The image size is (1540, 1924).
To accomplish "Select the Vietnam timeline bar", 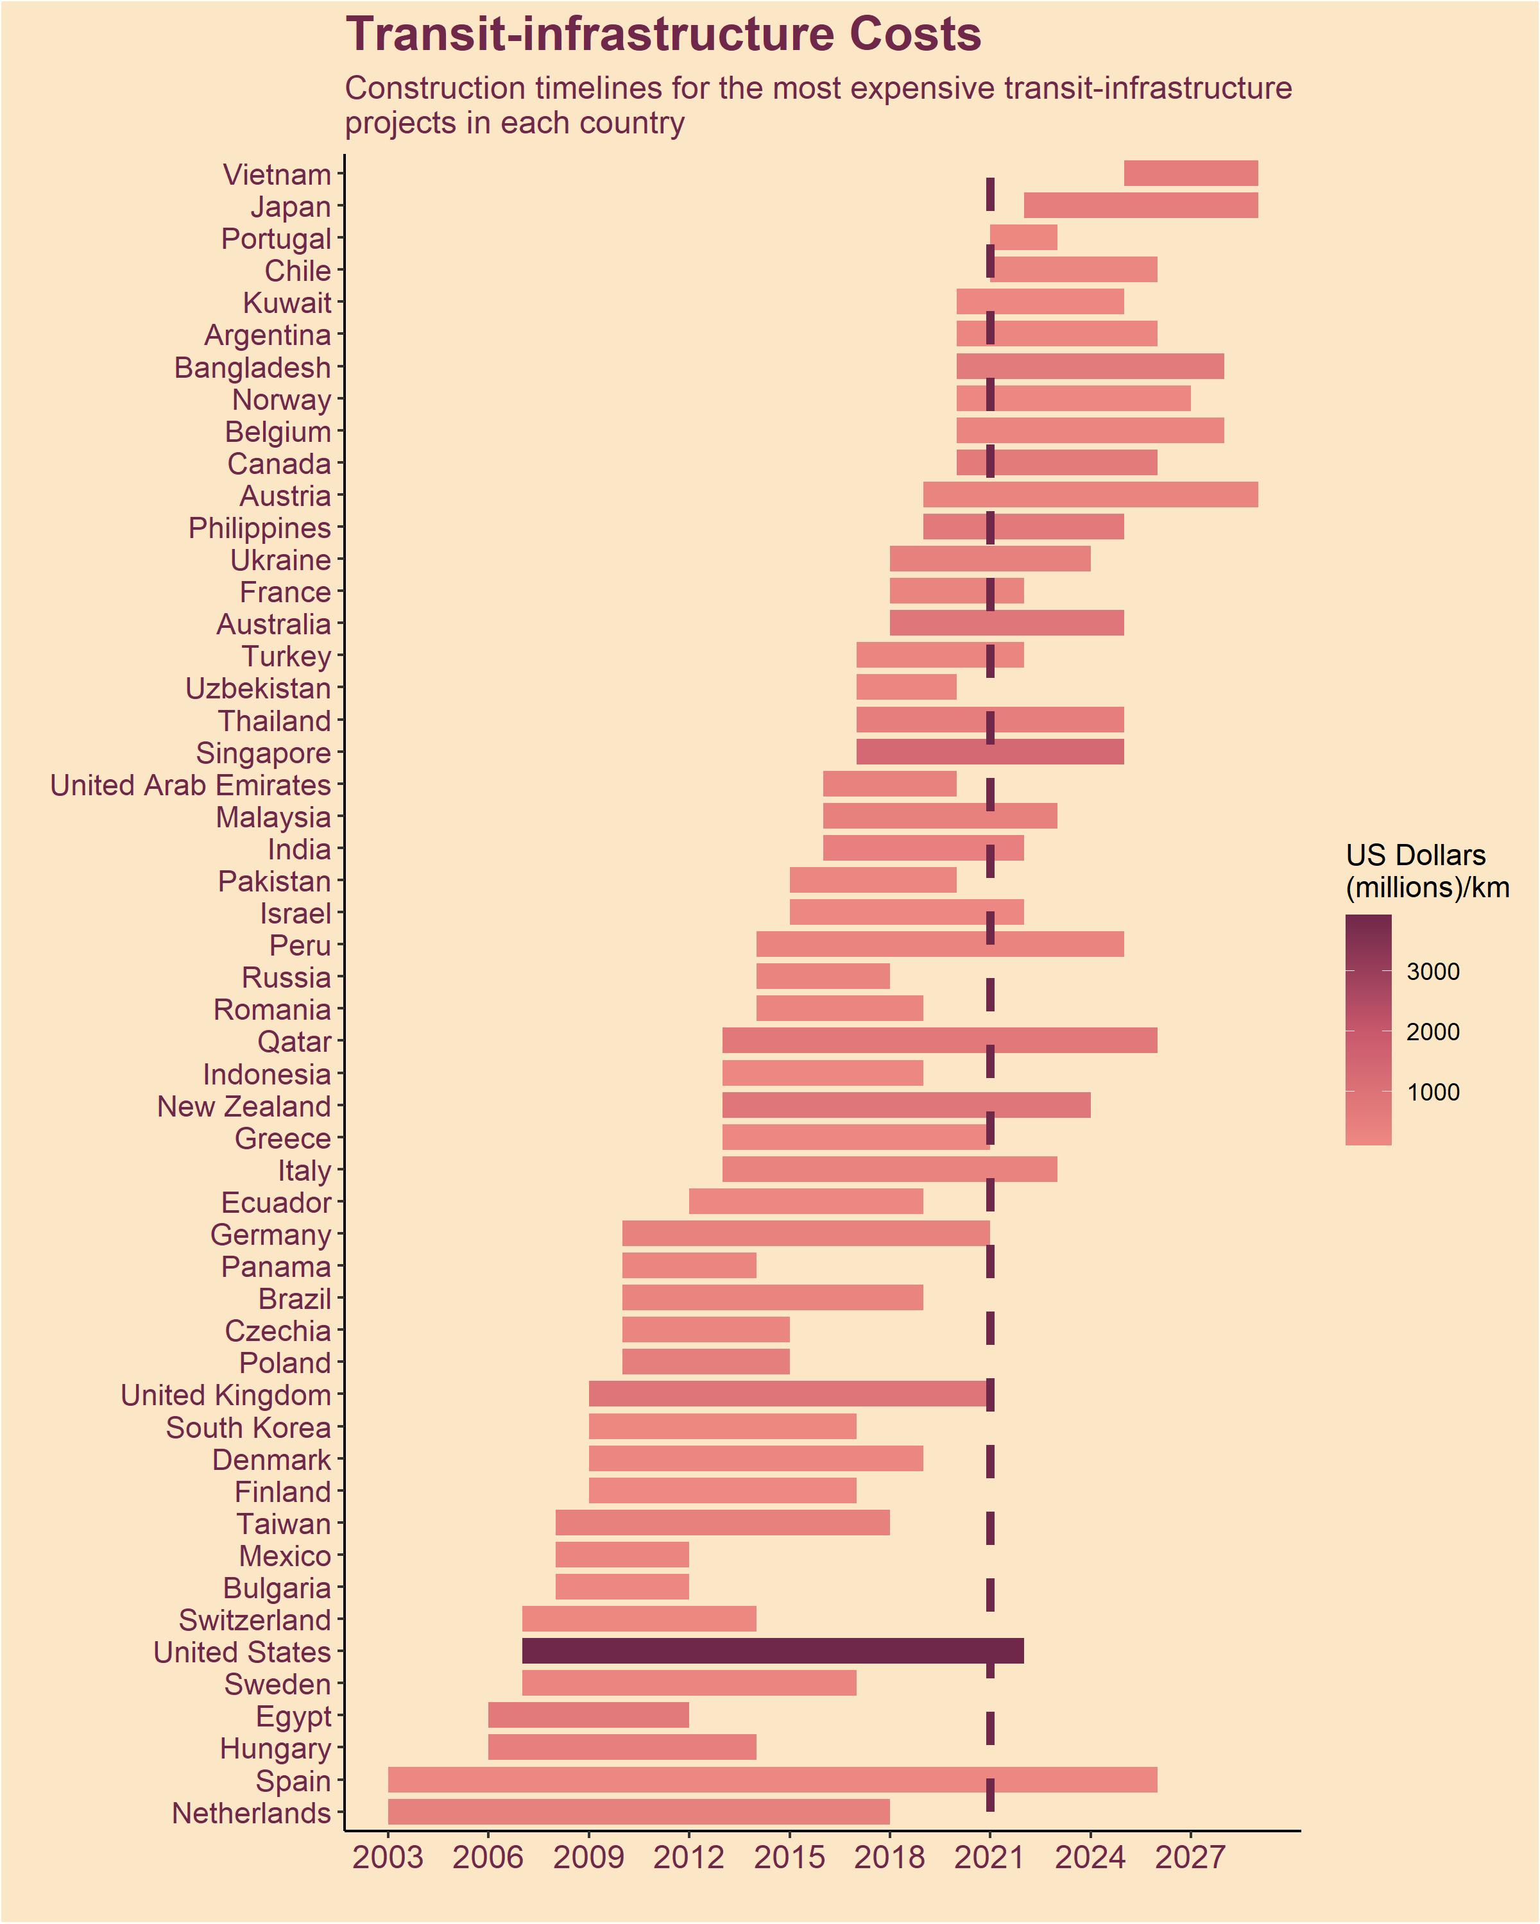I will [x=1190, y=173].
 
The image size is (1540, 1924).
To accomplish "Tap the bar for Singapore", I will [x=989, y=752].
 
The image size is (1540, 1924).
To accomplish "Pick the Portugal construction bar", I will [x=1023, y=237].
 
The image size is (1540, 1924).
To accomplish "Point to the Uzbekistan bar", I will [x=906, y=687].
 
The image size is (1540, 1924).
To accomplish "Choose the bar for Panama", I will [x=689, y=1265].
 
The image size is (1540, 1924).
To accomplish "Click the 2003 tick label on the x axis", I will [x=388, y=1857].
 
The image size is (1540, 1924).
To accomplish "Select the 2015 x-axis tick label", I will [x=789, y=1857].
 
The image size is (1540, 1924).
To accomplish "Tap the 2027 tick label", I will [x=1190, y=1857].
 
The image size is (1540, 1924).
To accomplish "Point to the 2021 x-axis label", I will [x=989, y=1857].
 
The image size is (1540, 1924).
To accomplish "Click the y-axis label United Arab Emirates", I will [x=190, y=785].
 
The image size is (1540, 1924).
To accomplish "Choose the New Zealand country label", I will [x=244, y=1106].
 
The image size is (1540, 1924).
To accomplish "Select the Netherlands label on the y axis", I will [x=251, y=1813].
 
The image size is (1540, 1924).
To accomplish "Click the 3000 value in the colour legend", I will [x=1432, y=972].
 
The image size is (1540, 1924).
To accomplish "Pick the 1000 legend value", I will [x=1432, y=1092].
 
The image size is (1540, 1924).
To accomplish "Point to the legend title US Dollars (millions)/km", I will [x=1426, y=871].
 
